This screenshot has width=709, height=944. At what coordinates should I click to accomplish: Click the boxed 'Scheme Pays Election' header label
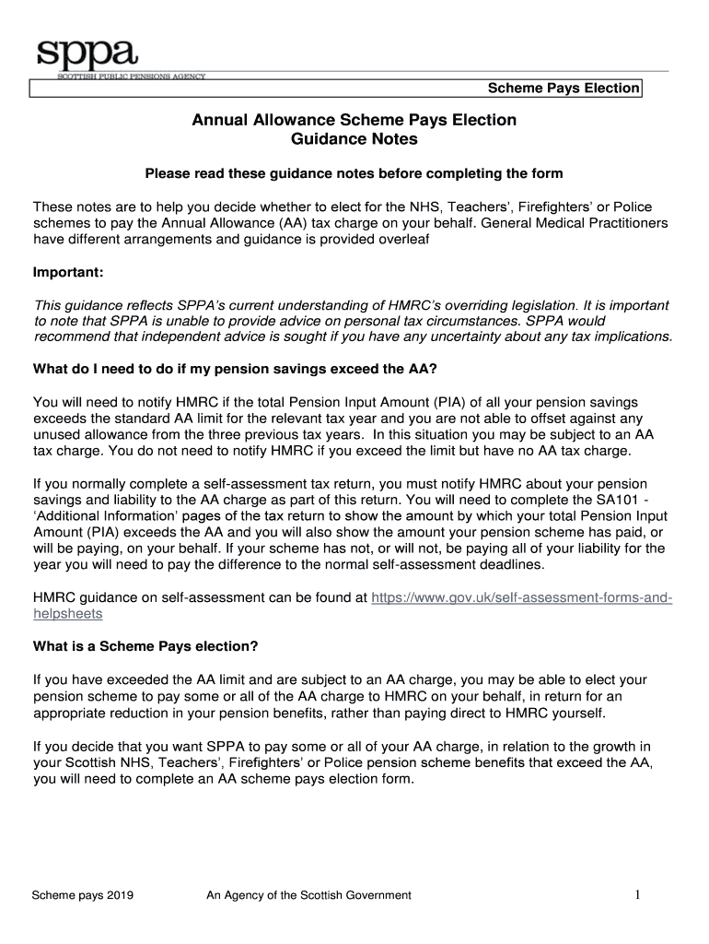click(563, 88)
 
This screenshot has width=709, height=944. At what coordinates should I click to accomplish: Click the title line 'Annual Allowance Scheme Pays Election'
click(354, 120)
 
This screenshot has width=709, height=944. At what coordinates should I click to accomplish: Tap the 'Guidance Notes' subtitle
click(354, 140)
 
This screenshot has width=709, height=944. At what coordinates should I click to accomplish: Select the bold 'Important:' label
click(69, 273)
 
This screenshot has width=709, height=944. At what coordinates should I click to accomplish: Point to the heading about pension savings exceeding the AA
click(235, 370)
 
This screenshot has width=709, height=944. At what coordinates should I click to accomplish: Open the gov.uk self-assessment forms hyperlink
click(521, 597)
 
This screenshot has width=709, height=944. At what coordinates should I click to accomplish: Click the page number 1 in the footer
click(636, 894)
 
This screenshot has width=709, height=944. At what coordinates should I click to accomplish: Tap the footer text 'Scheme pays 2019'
click(82, 895)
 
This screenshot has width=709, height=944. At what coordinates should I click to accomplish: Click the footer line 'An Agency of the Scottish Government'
click(308, 895)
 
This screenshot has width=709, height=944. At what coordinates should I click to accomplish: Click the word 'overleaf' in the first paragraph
click(403, 240)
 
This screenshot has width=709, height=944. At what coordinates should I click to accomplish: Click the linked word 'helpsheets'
click(67, 613)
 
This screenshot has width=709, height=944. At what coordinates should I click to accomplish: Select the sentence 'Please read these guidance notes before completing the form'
click(354, 173)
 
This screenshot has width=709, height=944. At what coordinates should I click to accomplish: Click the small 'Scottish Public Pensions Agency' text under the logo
click(120, 77)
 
